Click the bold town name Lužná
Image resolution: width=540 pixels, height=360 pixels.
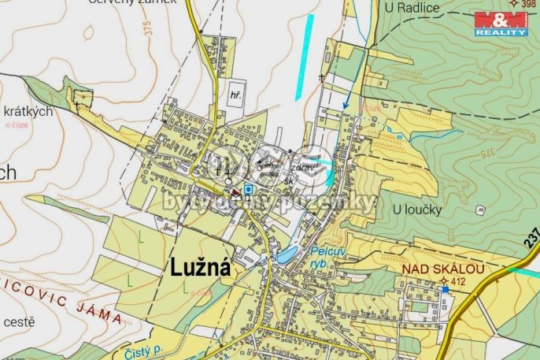201,269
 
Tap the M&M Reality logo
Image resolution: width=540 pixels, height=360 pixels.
501,24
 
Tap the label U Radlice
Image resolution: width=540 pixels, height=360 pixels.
412,8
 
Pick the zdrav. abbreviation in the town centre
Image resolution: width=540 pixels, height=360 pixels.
303,168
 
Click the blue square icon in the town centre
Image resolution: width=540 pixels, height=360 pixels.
249,189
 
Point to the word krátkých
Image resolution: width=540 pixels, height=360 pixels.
28,111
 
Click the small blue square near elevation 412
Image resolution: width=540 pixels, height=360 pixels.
446,289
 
